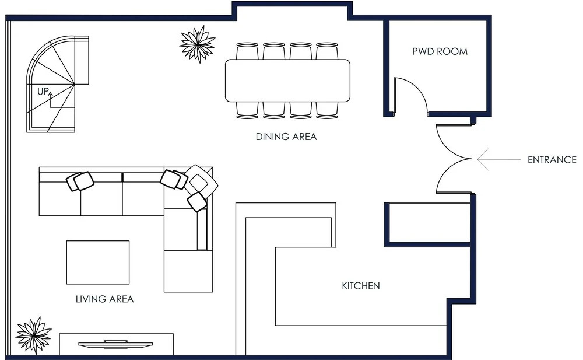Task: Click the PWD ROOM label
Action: coord(440,51)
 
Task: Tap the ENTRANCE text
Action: coord(552,160)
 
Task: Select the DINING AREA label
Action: coord(286,137)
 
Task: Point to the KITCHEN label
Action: coord(361,286)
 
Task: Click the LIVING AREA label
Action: coord(104,299)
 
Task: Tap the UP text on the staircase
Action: coord(43,91)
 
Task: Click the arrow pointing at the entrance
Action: coord(499,159)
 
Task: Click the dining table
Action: coord(287,81)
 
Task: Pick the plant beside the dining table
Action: coord(198,44)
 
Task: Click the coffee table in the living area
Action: coord(98,263)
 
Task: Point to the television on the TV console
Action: coord(115,344)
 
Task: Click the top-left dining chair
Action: coord(247,51)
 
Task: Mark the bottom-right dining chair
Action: coord(327,110)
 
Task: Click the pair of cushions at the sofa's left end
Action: coord(80,181)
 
